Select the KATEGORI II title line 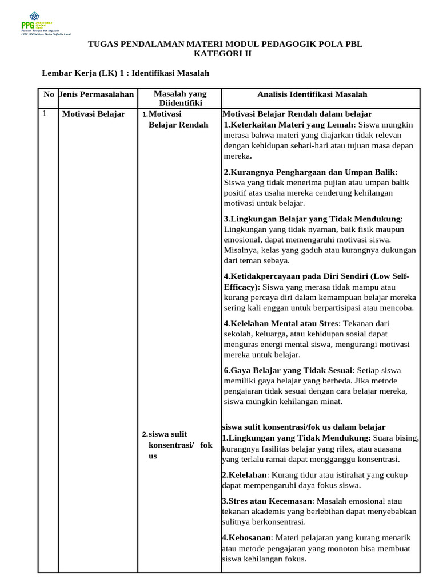tap(222, 54)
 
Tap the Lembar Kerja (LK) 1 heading tap(126, 73)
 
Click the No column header tap(49, 94)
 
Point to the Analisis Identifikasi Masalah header tap(312, 94)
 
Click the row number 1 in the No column tap(45, 114)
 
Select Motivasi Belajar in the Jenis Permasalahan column tap(93, 114)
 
